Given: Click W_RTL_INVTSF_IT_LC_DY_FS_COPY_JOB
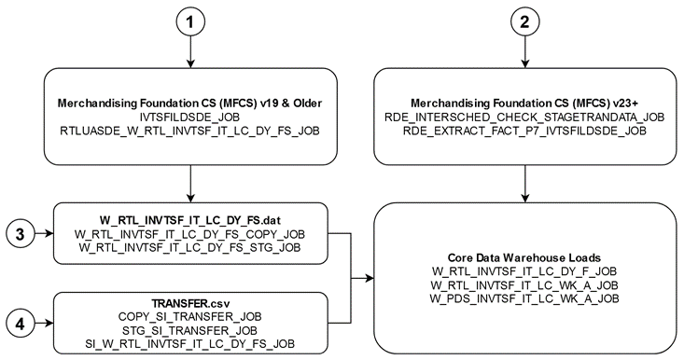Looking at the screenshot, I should pos(191,233).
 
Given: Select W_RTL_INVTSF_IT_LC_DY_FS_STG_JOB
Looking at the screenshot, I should pos(191,247).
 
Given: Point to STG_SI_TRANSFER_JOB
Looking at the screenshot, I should pos(191,331).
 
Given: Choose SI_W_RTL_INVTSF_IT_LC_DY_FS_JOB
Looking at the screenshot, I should pos(191,345).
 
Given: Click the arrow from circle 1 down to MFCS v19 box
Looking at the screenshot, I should pos(190,54).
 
